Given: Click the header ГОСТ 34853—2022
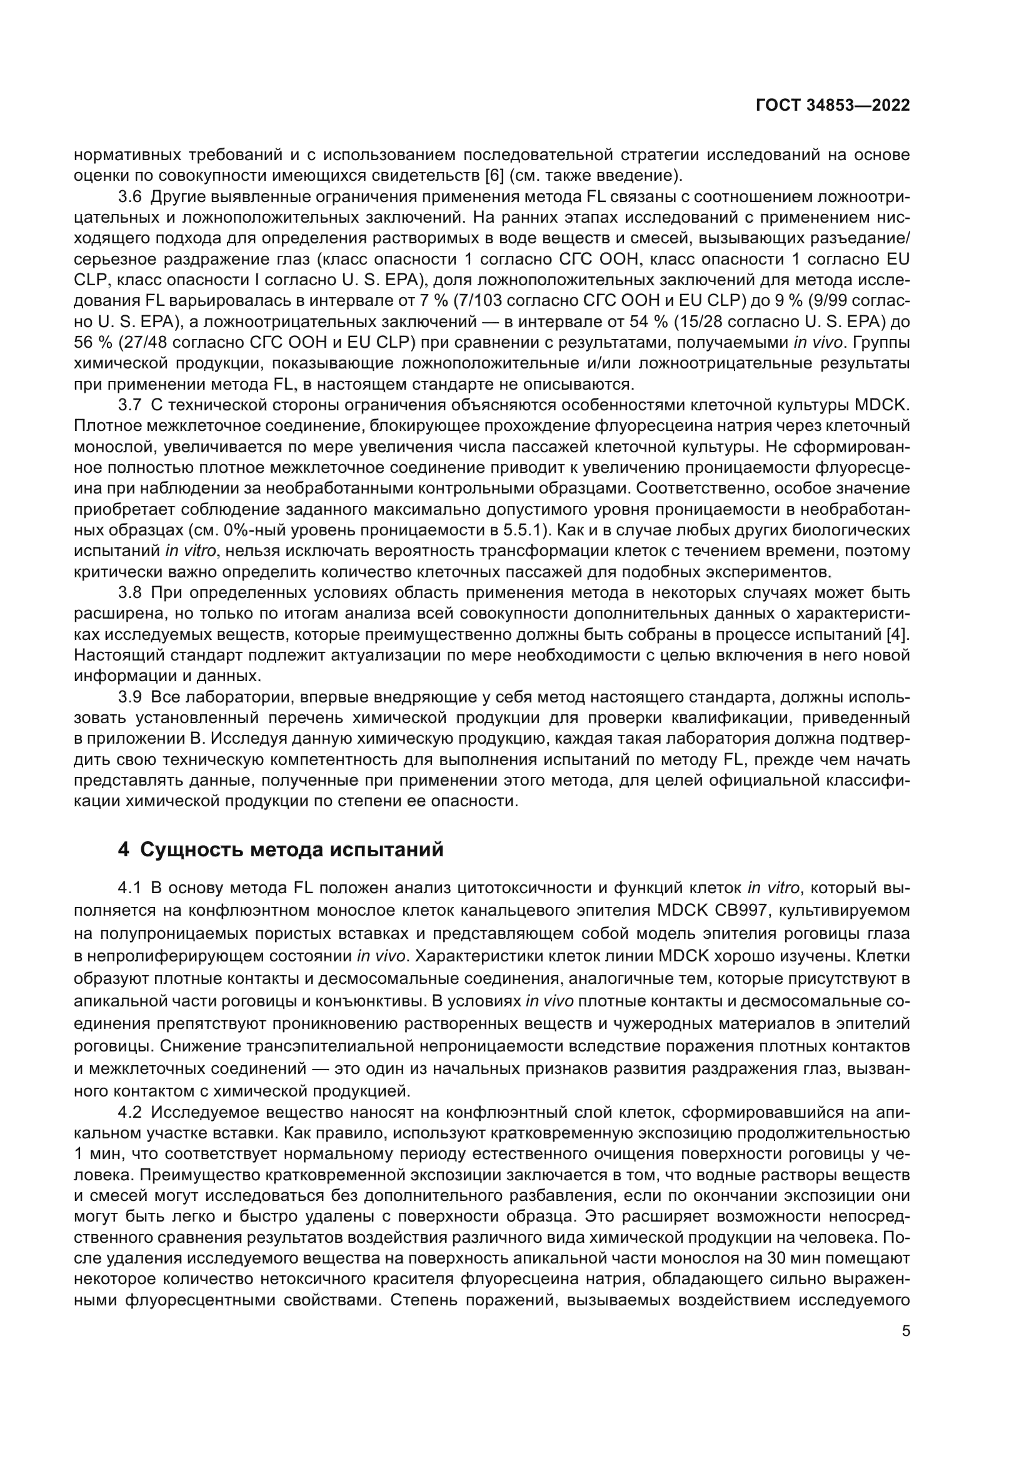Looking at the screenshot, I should coord(833,106).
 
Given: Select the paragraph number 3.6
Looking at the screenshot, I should coord(131,197).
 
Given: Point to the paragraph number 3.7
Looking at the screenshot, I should coord(131,406).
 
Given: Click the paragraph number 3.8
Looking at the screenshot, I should coord(131,593).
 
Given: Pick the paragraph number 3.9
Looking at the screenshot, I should coord(131,698).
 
